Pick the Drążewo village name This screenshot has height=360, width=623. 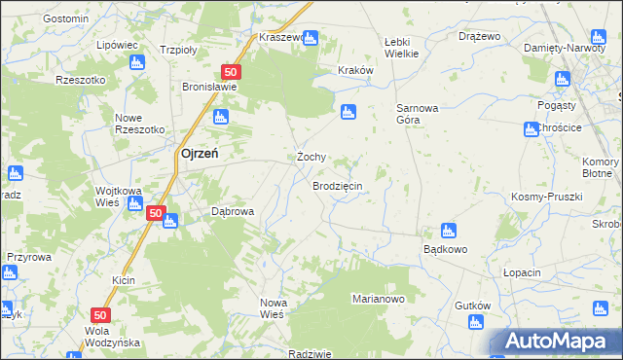pyautogui.click(x=479, y=36)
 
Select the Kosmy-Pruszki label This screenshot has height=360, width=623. pyautogui.click(x=546, y=197)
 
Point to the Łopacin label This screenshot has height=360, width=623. pyautogui.click(x=522, y=272)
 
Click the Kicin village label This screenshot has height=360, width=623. pyautogui.click(x=123, y=280)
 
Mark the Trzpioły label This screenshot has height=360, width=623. pyautogui.click(x=179, y=49)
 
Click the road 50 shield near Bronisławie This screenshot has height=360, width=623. pyautogui.click(x=231, y=72)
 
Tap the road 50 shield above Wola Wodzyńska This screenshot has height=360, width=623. pyautogui.click(x=100, y=315)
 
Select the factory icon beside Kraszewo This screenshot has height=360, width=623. pyautogui.click(x=311, y=38)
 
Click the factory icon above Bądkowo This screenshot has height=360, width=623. pyautogui.click(x=448, y=231)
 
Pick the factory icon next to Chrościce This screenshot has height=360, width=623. pyautogui.click(x=531, y=128)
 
